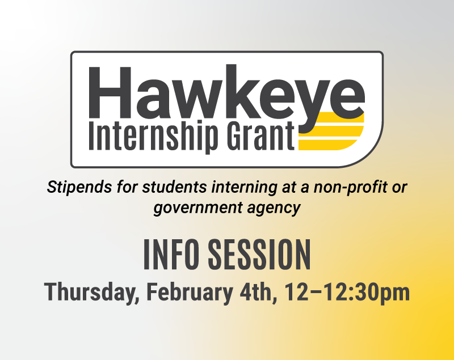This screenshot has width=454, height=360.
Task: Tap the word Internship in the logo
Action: click(153, 136)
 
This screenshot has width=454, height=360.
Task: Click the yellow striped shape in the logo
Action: click(331, 131)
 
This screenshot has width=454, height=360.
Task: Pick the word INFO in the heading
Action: click(171, 255)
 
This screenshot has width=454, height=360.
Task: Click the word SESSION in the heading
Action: click(259, 255)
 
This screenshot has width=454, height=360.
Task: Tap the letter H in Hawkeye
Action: click(110, 92)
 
